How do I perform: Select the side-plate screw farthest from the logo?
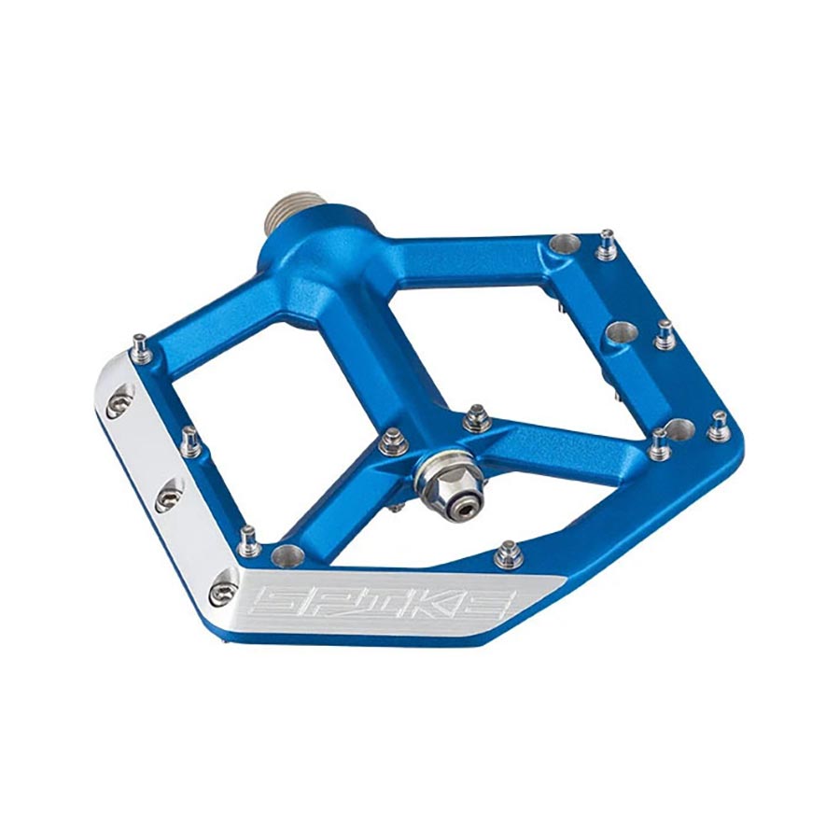coord(118,406)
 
